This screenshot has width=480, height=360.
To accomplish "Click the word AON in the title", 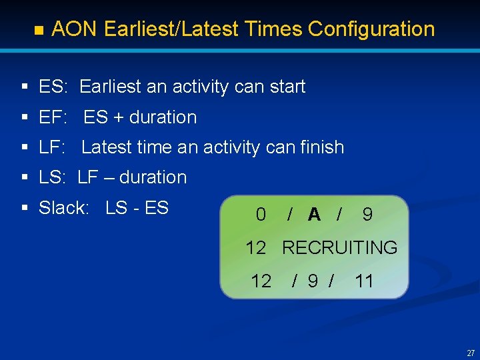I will coord(75,29).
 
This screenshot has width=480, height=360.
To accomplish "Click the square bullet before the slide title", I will coord(38,31).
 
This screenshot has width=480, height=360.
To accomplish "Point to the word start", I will coord(285,87).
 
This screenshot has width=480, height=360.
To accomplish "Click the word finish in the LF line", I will coord(321,147).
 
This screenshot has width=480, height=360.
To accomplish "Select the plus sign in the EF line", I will coord(118,118).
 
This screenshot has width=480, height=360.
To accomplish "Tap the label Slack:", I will coord(63,208).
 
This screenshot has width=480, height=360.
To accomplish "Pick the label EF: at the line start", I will coord(55,117).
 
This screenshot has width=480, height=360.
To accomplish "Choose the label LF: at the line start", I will coord(55,147).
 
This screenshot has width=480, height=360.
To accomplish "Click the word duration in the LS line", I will coord(153,177).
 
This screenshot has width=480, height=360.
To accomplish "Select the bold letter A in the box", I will coord(314,215).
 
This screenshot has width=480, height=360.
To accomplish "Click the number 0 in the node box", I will coord(261,215).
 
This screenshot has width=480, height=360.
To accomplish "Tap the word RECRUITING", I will coord(339,248).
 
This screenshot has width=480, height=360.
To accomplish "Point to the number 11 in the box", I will coord(364,281).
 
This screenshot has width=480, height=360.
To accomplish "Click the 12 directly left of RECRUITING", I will coord(256,248).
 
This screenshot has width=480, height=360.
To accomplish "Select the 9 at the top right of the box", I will coord(367,215).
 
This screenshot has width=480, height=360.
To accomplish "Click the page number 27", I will coord(471,353).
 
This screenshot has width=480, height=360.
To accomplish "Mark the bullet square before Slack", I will coord(24,209).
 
